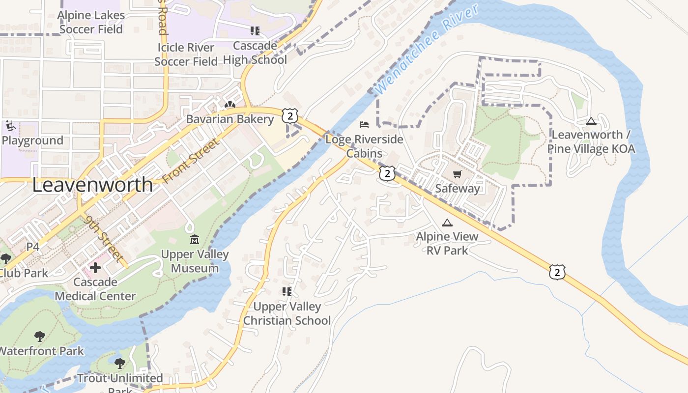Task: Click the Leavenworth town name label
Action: pyautogui.click(x=92, y=185)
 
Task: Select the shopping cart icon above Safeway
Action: pyautogui.click(x=457, y=174)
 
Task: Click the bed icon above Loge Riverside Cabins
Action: pyautogui.click(x=364, y=125)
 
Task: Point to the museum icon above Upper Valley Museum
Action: pyautogui.click(x=195, y=240)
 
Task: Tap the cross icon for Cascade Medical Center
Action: pyautogui.click(x=95, y=268)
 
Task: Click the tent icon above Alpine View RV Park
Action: pyautogui.click(x=447, y=223)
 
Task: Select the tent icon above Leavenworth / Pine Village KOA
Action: pyautogui.click(x=591, y=121)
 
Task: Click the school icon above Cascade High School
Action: pyautogui.click(x=255, y=31)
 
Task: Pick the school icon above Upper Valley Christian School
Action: pyautogui.click(x=287, y=292)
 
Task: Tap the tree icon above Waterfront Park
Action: pyautogui.click(x=40, y=337)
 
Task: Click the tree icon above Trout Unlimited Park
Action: pyautogui.click(x=119, y=364)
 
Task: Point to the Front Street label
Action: pyautogui.click(x=189, y=162)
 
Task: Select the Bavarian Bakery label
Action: pyautogui.click(x=230, y=119)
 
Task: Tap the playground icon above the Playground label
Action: pyautogui.click(x=10, y=126)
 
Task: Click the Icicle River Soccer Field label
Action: pyautogui.click(x=186, y=55)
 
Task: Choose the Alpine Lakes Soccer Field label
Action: pyautogui.click(x=91, y=22)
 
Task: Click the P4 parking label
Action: pyautogui.click(x=32, y=247)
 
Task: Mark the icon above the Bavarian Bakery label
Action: pyautogui.click(x=229, y=105)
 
